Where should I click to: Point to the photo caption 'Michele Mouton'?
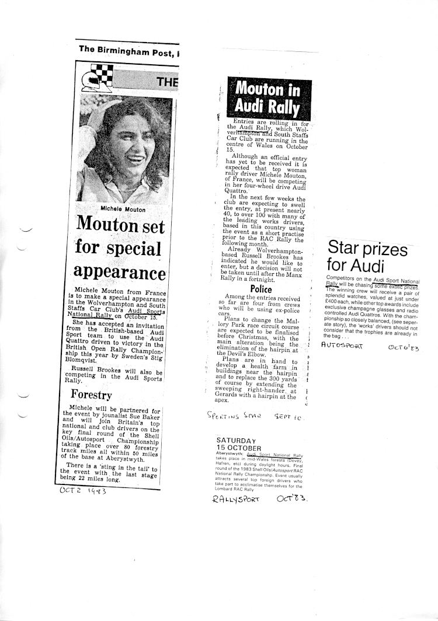click(123, 208)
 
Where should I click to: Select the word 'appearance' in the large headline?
click(120, 273)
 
